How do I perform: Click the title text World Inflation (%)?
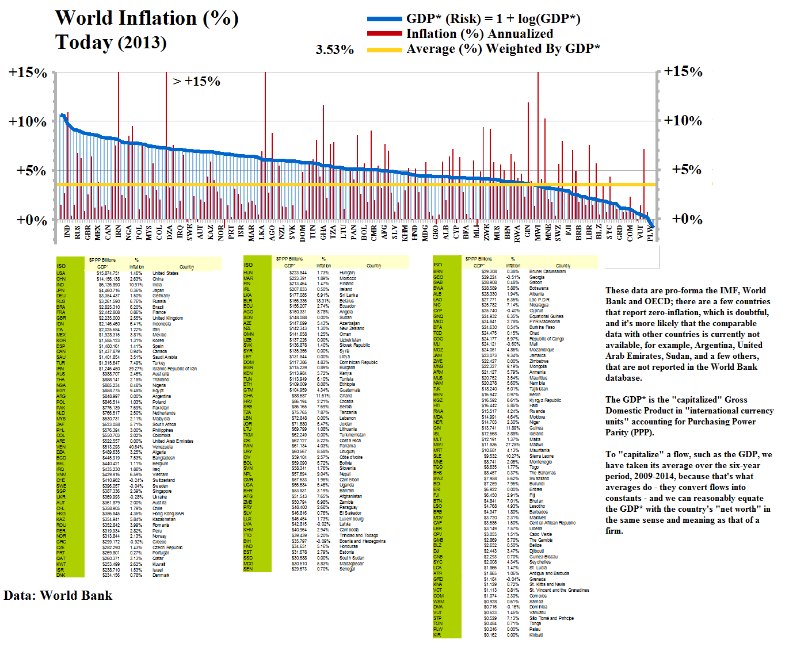coord(147,18)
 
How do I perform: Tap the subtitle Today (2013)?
coord(110,43)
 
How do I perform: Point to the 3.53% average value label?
coord(334,50)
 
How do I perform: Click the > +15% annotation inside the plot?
coord(196,82)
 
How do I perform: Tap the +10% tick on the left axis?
coord(28,122)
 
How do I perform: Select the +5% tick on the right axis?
coord(687,170)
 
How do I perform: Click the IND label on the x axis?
coord(67,232)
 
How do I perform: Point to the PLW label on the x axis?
coord(650,232)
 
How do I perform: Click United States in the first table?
coord(165,273)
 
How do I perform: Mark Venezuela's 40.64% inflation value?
coord(136,447)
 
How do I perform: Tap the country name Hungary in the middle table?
coord(347,273)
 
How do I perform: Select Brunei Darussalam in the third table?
coord(547,271)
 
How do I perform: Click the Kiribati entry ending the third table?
coord(536,635)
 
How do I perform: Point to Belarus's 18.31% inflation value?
coord(323,301)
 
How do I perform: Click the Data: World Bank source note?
coord(58,596)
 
